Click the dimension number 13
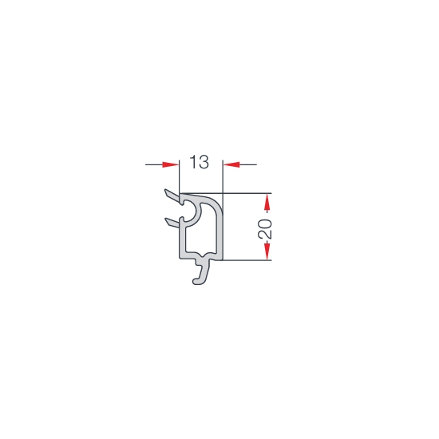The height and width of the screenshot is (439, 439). point(199,162)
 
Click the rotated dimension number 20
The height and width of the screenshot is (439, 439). point(265,229)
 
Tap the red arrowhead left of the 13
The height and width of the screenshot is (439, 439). point(171,164)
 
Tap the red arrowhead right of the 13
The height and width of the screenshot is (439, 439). point(231,164)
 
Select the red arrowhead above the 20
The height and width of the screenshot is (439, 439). point(267,202)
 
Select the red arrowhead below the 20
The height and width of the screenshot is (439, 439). point(267,251)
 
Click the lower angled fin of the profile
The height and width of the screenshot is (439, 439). point(172,223)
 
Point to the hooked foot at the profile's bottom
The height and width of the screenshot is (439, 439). point(202,273)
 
